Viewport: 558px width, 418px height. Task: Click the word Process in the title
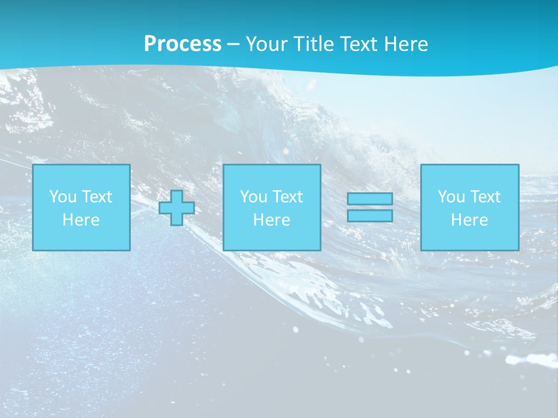(x=183, y=44)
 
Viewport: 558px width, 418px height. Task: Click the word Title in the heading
(x=315, y=44)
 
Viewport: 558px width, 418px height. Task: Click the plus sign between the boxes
(x=177, y=207)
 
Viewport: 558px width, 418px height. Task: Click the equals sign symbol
(x=370, y=207)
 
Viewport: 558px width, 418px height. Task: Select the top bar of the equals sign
(x=370, y=199)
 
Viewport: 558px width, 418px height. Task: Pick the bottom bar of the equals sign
(x=370, y=216)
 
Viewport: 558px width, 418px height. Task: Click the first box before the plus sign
(x=81, y=207)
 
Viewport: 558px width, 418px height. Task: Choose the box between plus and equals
(x=272, y=207)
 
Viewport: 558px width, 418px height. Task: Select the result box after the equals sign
(x=470, y=207)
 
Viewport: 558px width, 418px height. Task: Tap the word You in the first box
(x=62, y=197)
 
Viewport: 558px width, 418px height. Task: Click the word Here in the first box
(x=81, y=220)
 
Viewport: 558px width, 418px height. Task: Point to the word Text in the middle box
(x=287, y=197)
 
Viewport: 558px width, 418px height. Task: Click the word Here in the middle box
(x=272, y=220)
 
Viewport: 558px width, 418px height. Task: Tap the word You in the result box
(x=450, y=197)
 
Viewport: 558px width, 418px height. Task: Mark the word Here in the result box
(x=470, y=220)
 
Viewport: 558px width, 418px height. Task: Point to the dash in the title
(x=234, y=44)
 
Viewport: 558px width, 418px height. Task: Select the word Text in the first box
(x=96, y=197)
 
